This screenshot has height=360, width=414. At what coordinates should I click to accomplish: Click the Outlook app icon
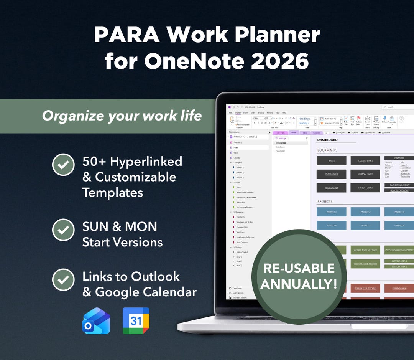click(x=96, y=321)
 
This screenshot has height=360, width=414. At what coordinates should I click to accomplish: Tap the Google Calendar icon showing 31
click(x=136, y=321)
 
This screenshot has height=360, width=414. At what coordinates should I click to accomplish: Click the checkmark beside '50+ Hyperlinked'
click(x=63, y=165)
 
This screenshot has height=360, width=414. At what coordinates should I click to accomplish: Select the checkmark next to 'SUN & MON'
click(x=63, y=230)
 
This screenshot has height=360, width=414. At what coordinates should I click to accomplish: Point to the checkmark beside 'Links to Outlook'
click(x=63, y=280)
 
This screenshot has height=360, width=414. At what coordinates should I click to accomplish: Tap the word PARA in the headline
click(x=121, y=35)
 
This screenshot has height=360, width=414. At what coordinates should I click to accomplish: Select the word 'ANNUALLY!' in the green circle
click(x=299, y=284)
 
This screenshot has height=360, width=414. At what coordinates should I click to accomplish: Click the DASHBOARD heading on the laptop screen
click(x=327, y=140)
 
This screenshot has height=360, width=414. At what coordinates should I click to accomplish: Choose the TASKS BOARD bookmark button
click(x=331, y=174)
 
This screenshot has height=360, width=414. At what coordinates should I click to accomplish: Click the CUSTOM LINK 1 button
click(x=365, y=161)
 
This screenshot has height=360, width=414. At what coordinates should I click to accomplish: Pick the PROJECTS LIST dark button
click(x=331, y=188)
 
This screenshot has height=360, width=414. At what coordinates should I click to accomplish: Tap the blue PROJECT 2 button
click(x=365, y=212)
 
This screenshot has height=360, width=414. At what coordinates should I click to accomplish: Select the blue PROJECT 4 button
click(x=331, y=225)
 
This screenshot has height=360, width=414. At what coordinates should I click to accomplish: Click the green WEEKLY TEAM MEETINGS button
click(x=365, y=250)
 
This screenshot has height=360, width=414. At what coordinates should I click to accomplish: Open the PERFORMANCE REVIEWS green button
click(x=365, y=264)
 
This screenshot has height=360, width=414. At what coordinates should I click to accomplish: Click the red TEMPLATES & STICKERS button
click(x=365, y=288)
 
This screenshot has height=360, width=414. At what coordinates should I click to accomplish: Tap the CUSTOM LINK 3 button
click(x=365, y=188)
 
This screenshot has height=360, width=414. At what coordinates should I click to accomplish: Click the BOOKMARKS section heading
click(x=327, y=150)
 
